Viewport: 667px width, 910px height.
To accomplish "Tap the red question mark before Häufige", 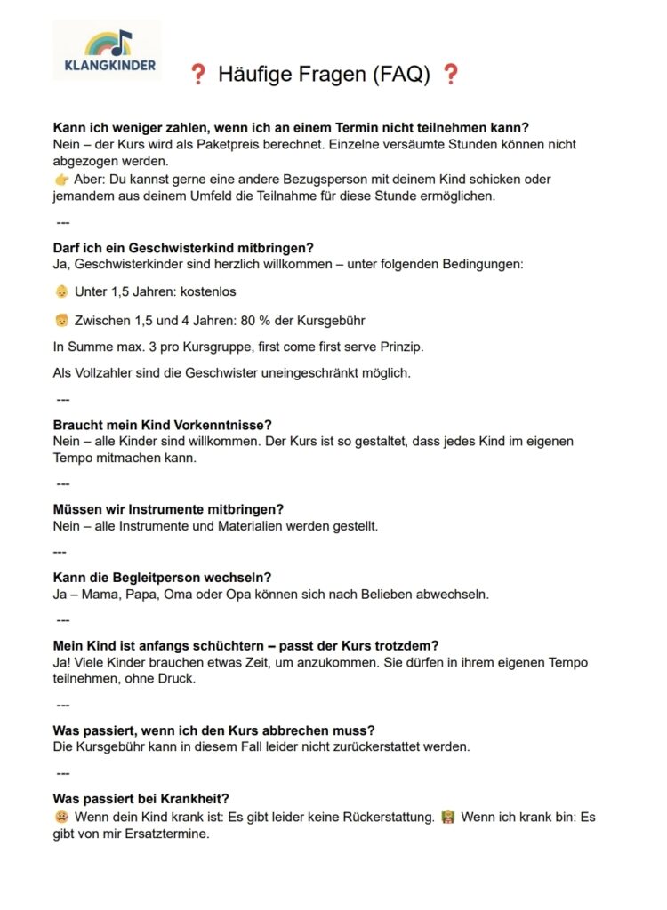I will point(197,76).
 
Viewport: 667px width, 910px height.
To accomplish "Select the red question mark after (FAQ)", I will point(451,76).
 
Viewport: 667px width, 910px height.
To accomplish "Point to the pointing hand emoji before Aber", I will point(61,180).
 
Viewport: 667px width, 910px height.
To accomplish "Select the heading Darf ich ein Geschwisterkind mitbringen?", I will point(183,247).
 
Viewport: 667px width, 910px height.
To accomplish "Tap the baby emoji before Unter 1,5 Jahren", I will point(61,291).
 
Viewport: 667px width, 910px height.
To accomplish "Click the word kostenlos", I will point(208,291).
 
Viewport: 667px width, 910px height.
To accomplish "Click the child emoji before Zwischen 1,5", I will point(61,320).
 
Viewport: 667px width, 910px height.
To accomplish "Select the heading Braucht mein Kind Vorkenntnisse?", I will point(164,425).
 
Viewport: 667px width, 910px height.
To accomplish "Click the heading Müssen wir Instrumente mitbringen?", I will point(168,509).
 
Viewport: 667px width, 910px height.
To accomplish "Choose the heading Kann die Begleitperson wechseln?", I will point(163,578).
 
